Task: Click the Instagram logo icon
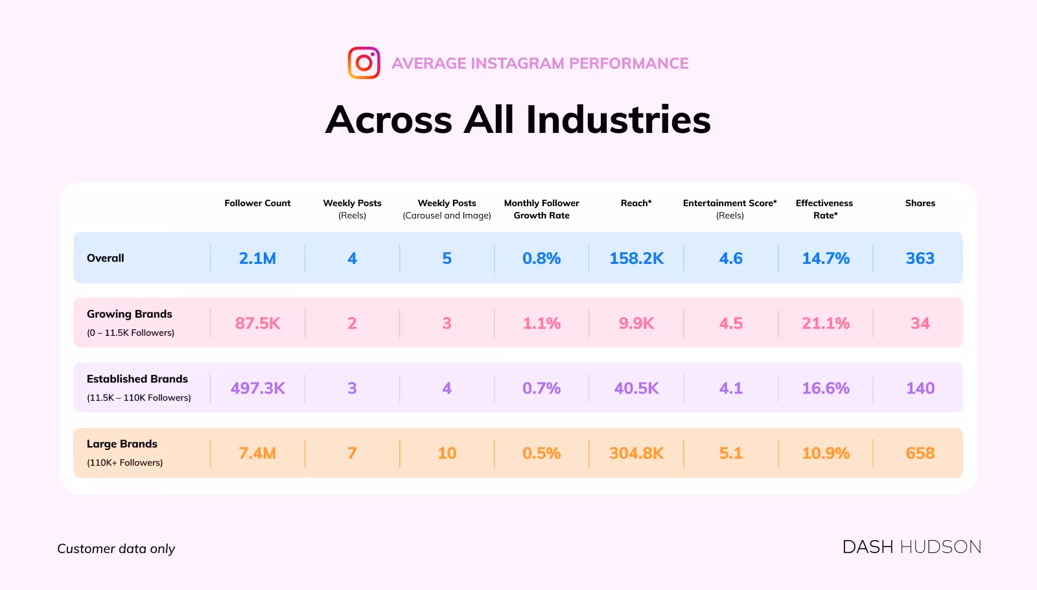(364, 63)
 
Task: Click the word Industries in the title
(618, 120)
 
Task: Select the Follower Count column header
(257, 203)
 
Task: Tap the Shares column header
(920, 203)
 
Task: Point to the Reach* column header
(636, 203)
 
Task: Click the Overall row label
(106, 258)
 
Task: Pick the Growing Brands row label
(130, 314)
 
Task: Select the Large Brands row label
(122, 444)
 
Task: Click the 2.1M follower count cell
(257, 258)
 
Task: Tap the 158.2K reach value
(636, 258)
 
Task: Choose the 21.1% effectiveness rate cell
(825, 323)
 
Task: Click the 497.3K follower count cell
(257, 388)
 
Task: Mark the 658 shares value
(920, 453)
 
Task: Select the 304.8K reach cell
(636, 453)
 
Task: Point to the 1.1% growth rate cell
(541, 323)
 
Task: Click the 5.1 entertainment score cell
(730, 453)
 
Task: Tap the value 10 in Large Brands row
(447, 453)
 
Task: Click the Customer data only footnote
(116, 549)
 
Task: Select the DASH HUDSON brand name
(911, 547)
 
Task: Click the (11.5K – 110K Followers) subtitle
(139, 397)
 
